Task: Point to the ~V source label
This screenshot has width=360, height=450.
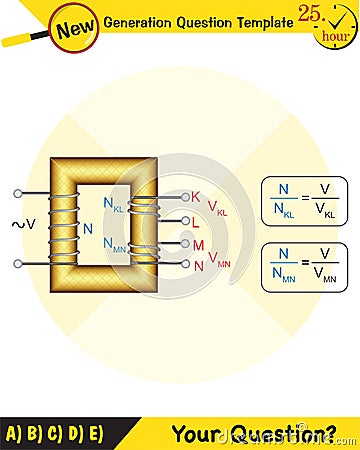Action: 24,224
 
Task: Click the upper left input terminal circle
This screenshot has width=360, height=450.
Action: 18,194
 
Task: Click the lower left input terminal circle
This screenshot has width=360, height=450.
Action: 18,263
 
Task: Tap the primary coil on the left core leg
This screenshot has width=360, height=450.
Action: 63,228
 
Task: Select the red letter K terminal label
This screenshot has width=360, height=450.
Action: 196,196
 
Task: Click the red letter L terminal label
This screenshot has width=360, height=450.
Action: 196,221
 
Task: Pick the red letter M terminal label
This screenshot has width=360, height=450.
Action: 198,244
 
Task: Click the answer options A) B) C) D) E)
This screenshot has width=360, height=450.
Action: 54,433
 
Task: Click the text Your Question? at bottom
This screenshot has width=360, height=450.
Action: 254,433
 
